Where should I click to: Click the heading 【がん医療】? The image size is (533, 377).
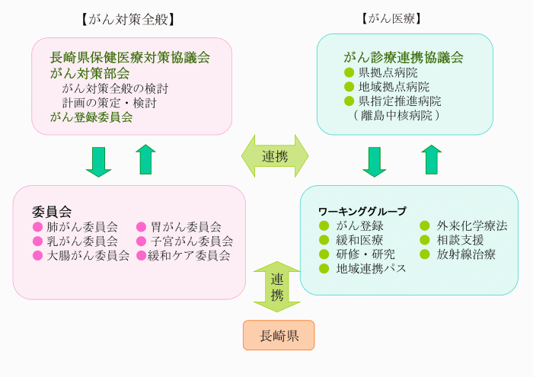pos(392,18)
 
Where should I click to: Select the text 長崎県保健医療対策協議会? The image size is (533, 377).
pos(129,56)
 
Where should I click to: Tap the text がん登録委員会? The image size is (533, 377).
pos(91,117)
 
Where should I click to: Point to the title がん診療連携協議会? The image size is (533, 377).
pos(404,57)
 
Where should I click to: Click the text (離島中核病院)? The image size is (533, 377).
pos(397,115)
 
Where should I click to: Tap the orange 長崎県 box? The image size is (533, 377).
pos(278,335)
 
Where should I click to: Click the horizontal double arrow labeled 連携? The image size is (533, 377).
pos(275,156)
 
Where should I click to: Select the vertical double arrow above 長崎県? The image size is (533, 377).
pos(276,286)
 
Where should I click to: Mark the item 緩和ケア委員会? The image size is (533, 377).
pos(189,255)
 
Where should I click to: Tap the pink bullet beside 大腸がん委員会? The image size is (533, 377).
pos(37,255)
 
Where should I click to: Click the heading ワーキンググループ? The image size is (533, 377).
pos(362,211)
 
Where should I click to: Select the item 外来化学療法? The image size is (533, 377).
pos(471,225)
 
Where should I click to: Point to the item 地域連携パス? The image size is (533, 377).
pos(371,268)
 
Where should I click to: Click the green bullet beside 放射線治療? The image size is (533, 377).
pos(426,254)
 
